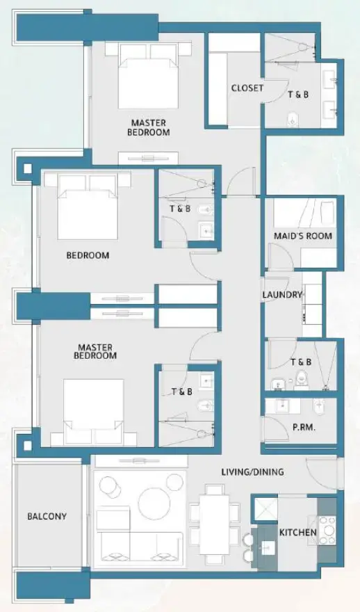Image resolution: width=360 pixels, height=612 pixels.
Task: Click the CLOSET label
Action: [x=247, y=88]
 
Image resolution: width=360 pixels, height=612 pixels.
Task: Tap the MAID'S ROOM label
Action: [x=303, y=236]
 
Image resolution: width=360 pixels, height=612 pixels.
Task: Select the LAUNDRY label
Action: [x=282, y=295]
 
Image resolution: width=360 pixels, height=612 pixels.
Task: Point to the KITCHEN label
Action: [x=298, y=533]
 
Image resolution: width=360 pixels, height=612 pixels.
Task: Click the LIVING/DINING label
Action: [x=252, y=472]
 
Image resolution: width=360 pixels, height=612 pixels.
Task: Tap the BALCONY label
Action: [x=47, y=517]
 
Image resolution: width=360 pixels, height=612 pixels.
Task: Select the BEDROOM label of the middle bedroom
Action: [x=88, y=255]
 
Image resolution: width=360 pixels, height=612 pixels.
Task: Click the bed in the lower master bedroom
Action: [x=95, y=410]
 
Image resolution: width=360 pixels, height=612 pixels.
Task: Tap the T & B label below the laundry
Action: [x=300, y=362]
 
